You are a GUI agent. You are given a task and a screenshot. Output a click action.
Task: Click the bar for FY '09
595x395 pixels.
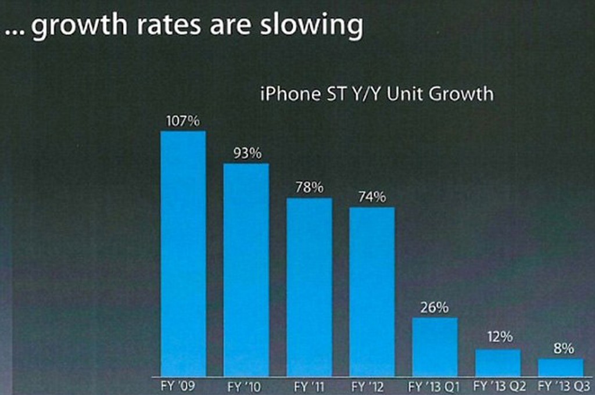tap(183, 253)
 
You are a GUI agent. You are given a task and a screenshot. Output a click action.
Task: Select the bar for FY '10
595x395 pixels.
tap(246, 270)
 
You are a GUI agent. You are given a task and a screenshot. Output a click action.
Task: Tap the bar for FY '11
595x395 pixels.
tap(309, 287)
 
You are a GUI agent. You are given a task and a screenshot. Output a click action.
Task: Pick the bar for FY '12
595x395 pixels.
tap(372, 292)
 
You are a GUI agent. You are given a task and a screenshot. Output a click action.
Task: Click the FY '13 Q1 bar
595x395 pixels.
tap(435, 347)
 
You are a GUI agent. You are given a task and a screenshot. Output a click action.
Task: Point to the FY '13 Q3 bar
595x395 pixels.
tap(561, 367)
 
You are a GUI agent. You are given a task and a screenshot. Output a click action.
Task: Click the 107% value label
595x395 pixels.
tap(183, 121)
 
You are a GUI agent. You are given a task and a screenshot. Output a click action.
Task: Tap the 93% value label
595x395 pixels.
tap(248, 154)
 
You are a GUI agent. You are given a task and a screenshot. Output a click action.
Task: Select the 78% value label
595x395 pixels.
tap(310, 188)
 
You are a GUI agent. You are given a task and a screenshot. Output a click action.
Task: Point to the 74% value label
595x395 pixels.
tap(372, 198)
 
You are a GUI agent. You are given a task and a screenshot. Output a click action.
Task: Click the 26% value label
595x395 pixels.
tap(435, 308)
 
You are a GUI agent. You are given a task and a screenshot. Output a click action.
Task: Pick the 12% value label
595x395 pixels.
tap(500, 337)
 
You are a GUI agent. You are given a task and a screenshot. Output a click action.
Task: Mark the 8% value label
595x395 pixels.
tap(563, 349)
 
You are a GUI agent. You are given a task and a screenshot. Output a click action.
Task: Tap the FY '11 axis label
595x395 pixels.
tap(309, 386)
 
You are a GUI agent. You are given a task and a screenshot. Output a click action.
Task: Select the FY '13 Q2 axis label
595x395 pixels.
tap(499, 386)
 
